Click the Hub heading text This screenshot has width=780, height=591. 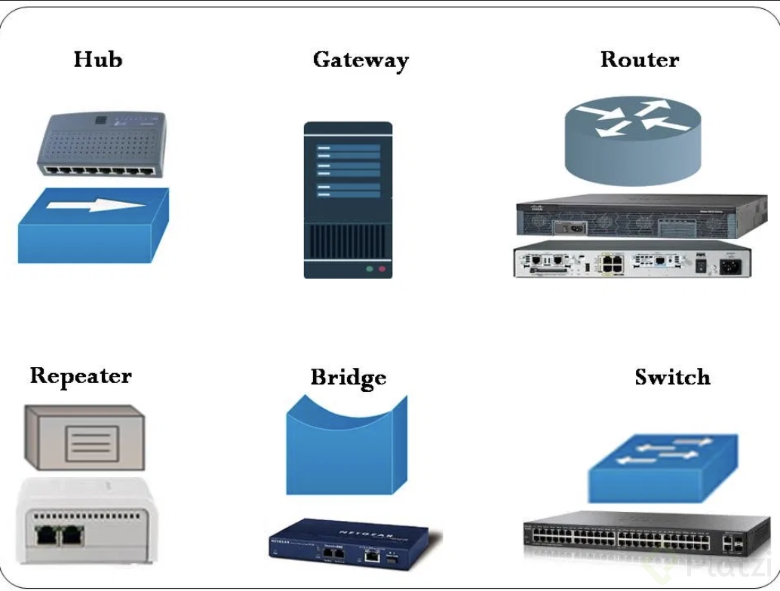[x=98, y=60]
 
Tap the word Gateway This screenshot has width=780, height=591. [x=361, y=60]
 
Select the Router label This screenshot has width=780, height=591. [x=640, y=60]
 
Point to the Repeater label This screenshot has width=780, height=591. [x=81, y=376]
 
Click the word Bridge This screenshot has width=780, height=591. [x=349, y=377]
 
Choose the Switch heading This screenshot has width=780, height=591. [x=672, y=377]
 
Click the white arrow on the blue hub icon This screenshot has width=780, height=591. [x=94, y=205]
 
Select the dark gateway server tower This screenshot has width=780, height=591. [x=348, y=201]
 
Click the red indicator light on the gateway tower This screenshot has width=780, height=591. [x=382, y=268]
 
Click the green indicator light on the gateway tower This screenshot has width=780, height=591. [x=369, y=268]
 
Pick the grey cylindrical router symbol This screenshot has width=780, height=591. [x=632, y=139]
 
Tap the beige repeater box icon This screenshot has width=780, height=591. [x=84, y=438]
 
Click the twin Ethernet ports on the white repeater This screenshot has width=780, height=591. [x=60, y=535]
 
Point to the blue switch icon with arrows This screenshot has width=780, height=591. [x=662, y=467]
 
